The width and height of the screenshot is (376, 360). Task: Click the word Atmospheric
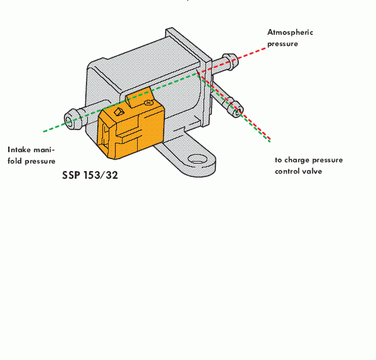pos(290,32)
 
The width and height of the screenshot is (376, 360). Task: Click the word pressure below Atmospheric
pos(282,44)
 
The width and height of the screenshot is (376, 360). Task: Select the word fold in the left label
pos(15,161)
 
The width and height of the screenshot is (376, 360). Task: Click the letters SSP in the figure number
pos(71,175)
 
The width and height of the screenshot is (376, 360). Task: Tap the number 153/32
pos(100,175)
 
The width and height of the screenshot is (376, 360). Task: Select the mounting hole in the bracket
pos(197,159)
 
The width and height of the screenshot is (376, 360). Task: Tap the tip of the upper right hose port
pos(233,61)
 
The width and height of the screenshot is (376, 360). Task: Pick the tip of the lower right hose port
pos(238,111)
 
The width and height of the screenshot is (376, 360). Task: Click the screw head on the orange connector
pos(149,103)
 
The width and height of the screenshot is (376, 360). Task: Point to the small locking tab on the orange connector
pos(118,112)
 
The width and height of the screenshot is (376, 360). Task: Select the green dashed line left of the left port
pos(56,127)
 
